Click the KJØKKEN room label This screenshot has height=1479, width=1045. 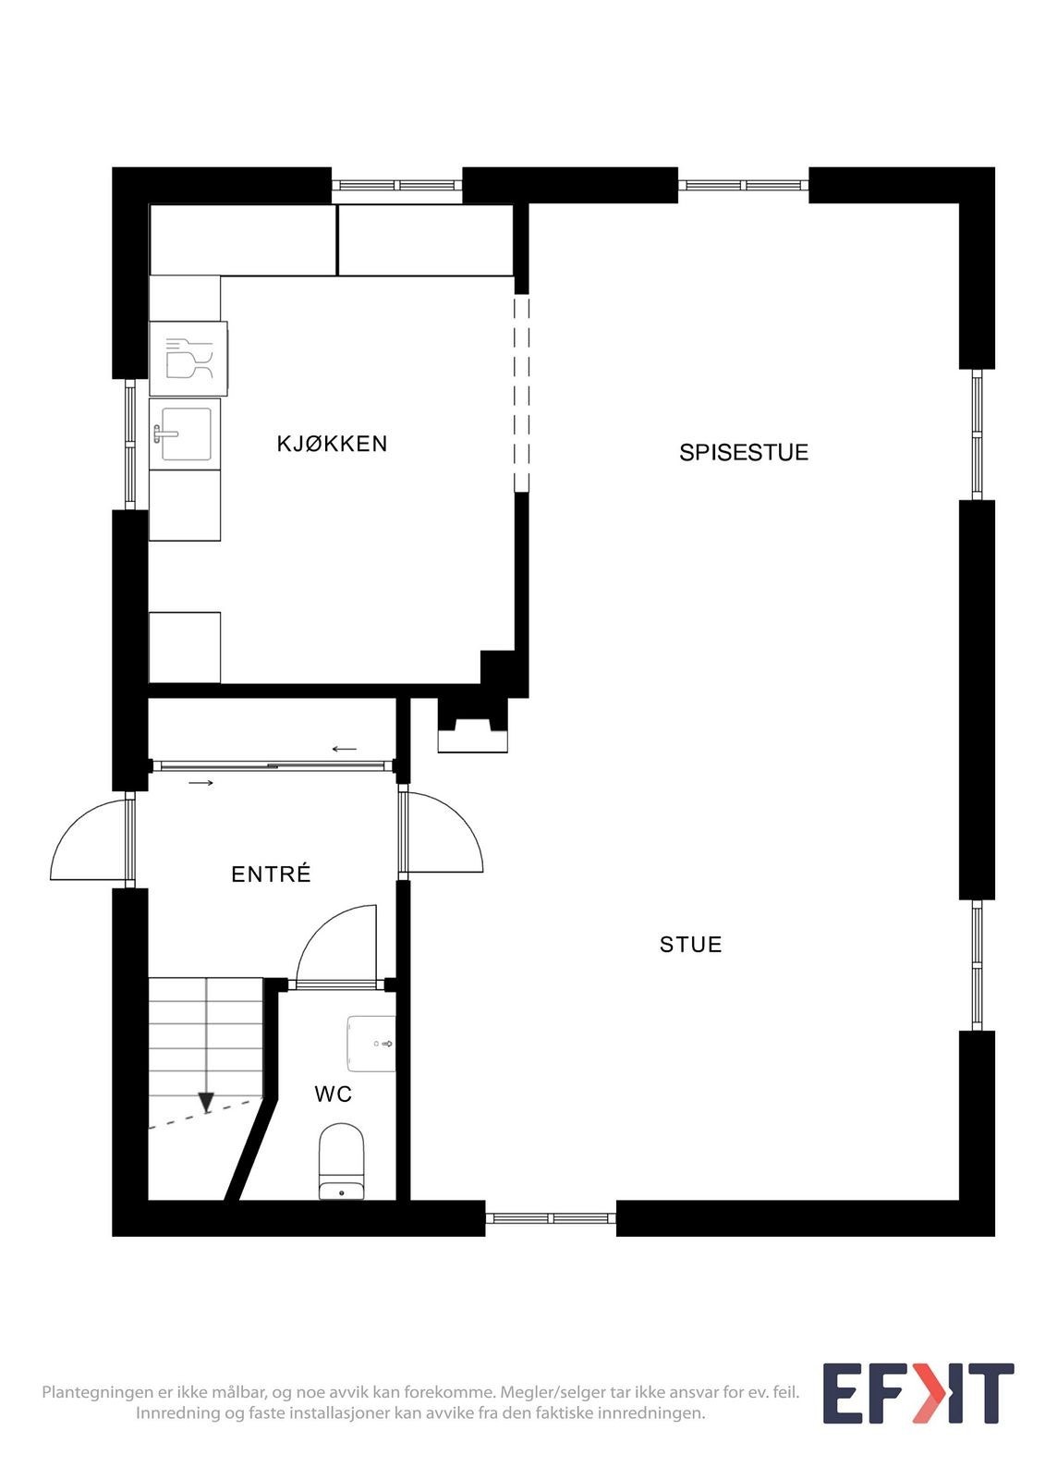tap(332, 444)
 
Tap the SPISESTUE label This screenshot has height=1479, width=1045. tap(744, 452)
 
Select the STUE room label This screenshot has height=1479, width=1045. tap(690, 944)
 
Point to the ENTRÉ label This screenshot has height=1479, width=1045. tap(271, 874)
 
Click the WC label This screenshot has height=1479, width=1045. tap(333, 1094)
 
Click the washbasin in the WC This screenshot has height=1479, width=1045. tap(371, 1044)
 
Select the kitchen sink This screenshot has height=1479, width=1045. tap(185, 434)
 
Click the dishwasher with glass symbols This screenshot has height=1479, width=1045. tap(188, 359)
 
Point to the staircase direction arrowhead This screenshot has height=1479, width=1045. tap(206, 1102)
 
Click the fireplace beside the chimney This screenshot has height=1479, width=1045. tap(473, 727)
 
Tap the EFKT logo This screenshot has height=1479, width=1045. tap(917, 1394)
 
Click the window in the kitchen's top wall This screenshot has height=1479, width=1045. tap(396, 186)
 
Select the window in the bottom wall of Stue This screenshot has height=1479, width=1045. tap(551, 1218)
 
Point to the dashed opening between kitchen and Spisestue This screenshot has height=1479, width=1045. tap(522, 393)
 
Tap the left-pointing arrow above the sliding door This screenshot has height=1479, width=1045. tap(345, 749)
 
